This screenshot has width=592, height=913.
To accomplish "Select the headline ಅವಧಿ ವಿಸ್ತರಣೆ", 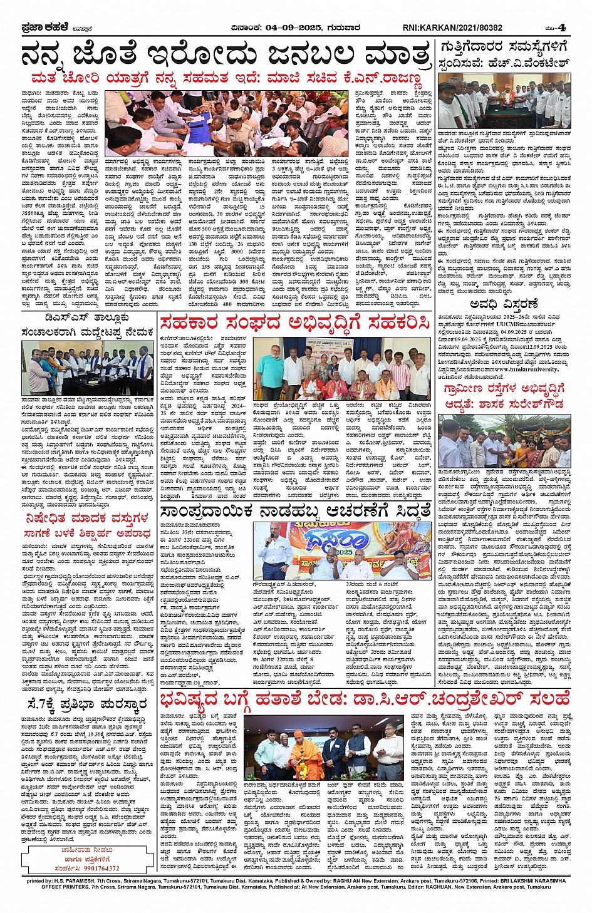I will pyautogui.click(x=504, y=304).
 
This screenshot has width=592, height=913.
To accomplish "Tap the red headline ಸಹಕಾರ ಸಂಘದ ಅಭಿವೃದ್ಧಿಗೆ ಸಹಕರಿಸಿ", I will pyautogui.click(x=294, y=323).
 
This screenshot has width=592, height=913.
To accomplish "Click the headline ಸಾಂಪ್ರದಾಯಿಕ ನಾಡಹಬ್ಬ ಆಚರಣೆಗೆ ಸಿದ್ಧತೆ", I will pyautogui.click(x=294, y=512).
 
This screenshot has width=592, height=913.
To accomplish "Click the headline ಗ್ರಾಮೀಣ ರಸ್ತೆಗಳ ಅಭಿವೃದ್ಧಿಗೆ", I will pyautogui.click(x=504, y=389).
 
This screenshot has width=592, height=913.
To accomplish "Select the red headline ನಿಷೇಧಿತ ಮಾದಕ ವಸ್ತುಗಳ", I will pyautogui.click(x=87, y=518).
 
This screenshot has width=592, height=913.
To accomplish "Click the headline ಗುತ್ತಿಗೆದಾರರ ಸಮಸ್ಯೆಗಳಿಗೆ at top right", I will pyautogui.click(x=504, y=46).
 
